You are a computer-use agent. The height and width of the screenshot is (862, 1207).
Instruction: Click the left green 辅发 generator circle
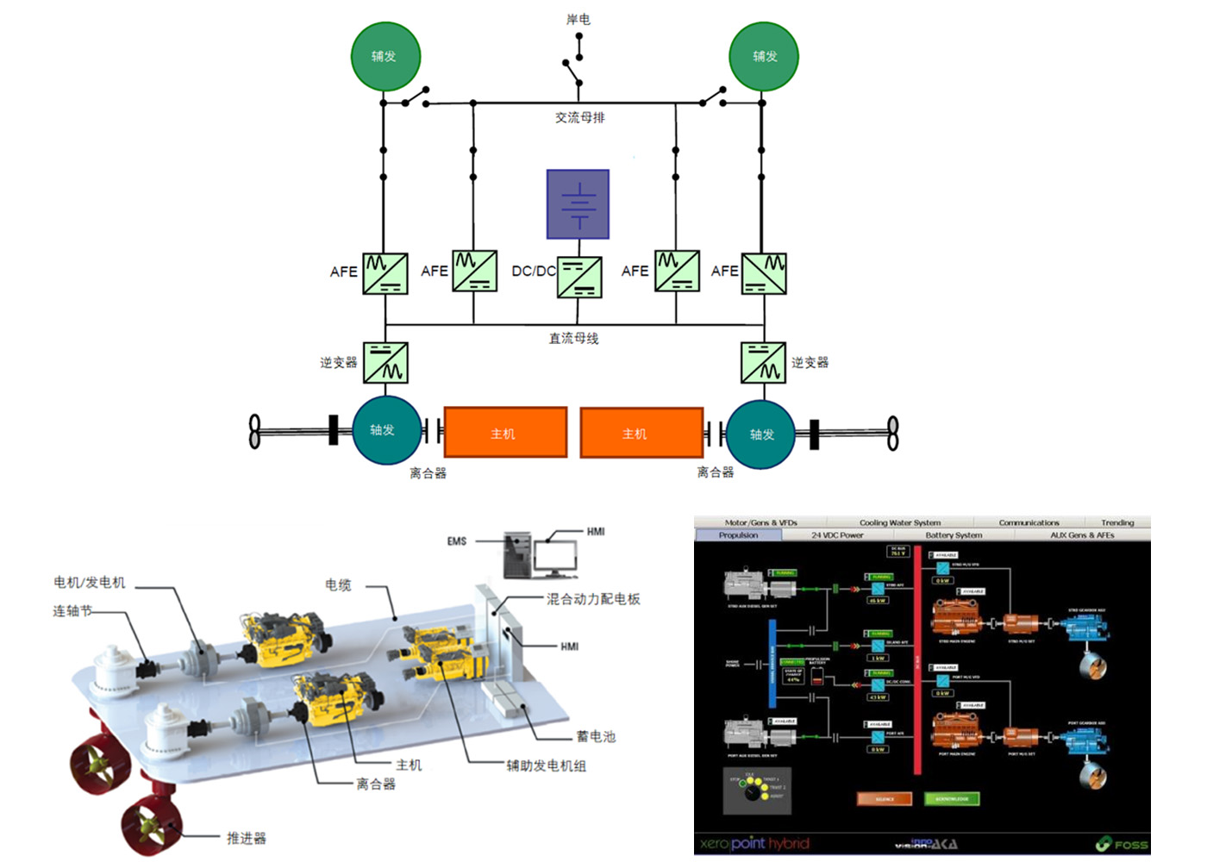point(385,57)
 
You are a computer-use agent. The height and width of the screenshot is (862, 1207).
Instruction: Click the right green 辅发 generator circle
point(764,57)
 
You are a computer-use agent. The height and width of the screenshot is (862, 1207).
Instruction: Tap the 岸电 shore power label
point(578,19)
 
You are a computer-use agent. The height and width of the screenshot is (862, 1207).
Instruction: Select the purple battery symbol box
point(578,204)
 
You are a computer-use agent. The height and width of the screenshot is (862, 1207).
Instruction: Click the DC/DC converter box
point(579,277)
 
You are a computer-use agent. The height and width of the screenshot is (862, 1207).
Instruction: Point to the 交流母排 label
point(579,117)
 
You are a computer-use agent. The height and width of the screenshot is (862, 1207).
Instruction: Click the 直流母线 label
point(574,339)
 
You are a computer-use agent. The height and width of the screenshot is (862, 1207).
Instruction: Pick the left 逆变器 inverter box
point(385,362)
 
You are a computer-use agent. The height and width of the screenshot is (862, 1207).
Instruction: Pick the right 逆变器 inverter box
point(763,362)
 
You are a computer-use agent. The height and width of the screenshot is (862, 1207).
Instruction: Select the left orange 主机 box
point(505,433)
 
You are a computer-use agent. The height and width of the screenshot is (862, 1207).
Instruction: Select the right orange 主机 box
point(641,433)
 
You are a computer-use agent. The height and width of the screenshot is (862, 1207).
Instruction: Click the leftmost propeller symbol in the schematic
point(255,431)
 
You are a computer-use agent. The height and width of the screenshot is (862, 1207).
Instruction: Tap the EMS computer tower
point(517,556)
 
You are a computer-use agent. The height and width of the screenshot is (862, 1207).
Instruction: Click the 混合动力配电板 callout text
point(593,599)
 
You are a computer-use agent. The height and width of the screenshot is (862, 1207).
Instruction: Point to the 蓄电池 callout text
point(596,737)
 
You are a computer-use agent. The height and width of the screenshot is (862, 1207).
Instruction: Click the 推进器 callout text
point(247,838)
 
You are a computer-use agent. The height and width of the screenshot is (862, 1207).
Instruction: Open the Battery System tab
point(954,535)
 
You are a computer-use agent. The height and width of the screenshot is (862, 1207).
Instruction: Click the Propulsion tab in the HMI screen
point(738,535)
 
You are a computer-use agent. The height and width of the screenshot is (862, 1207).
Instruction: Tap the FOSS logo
point(1123,845)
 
